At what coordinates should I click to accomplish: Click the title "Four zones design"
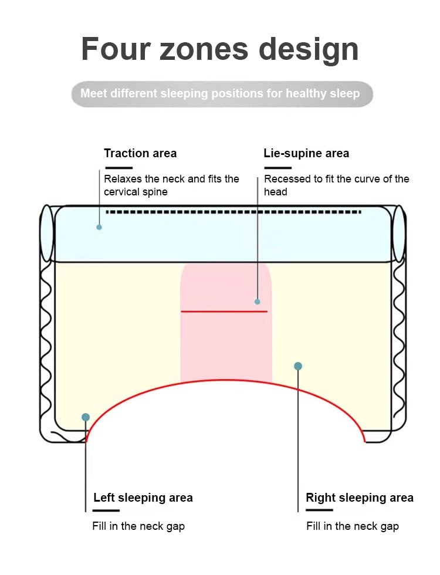click(x=219, y=49)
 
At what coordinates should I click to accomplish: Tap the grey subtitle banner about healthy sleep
click(x=222, y=94)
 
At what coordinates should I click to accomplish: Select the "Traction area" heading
click(x=140, y=153)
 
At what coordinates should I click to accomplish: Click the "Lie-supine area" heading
click(x=306, y=153)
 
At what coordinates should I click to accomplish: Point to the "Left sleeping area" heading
click(x=143, y=498)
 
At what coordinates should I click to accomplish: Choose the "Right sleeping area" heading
click(x=360, y=498)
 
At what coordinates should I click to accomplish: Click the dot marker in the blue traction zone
click(x=99, y=227)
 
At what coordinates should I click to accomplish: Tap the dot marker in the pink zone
click(x=257, y=302)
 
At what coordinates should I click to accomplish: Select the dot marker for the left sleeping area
click(x=86, y=417)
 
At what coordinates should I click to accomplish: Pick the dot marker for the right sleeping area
click(x=298, y=366)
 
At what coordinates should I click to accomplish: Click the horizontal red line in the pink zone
click(x=224, y=311)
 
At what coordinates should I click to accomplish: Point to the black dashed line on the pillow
click(x=233, y=211)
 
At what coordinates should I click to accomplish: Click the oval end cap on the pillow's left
click(x=46, y=234)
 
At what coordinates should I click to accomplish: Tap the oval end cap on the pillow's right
click(x=399, y=234)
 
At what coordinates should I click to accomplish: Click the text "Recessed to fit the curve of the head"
click(x=336, y=185)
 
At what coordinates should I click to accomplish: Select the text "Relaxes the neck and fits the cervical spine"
click(x=171, y=185)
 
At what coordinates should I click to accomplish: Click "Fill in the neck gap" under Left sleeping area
click(x=138, y=526)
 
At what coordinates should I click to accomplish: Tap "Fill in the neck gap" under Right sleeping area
click(x=353, y=526)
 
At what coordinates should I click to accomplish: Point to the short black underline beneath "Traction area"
click(x=118, y=168)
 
